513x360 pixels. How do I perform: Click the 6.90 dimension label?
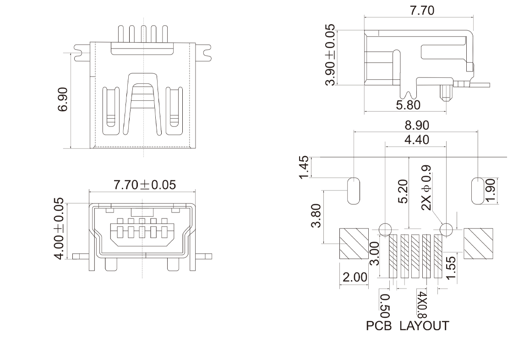click(63, 99)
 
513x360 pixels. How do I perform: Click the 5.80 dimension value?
click(408, 105)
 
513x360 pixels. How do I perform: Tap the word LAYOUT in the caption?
click(424, 326)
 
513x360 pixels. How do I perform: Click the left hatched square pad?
click(354, 243)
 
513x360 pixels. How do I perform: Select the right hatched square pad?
click(479, 243)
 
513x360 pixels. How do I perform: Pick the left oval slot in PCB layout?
click(353, 190)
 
